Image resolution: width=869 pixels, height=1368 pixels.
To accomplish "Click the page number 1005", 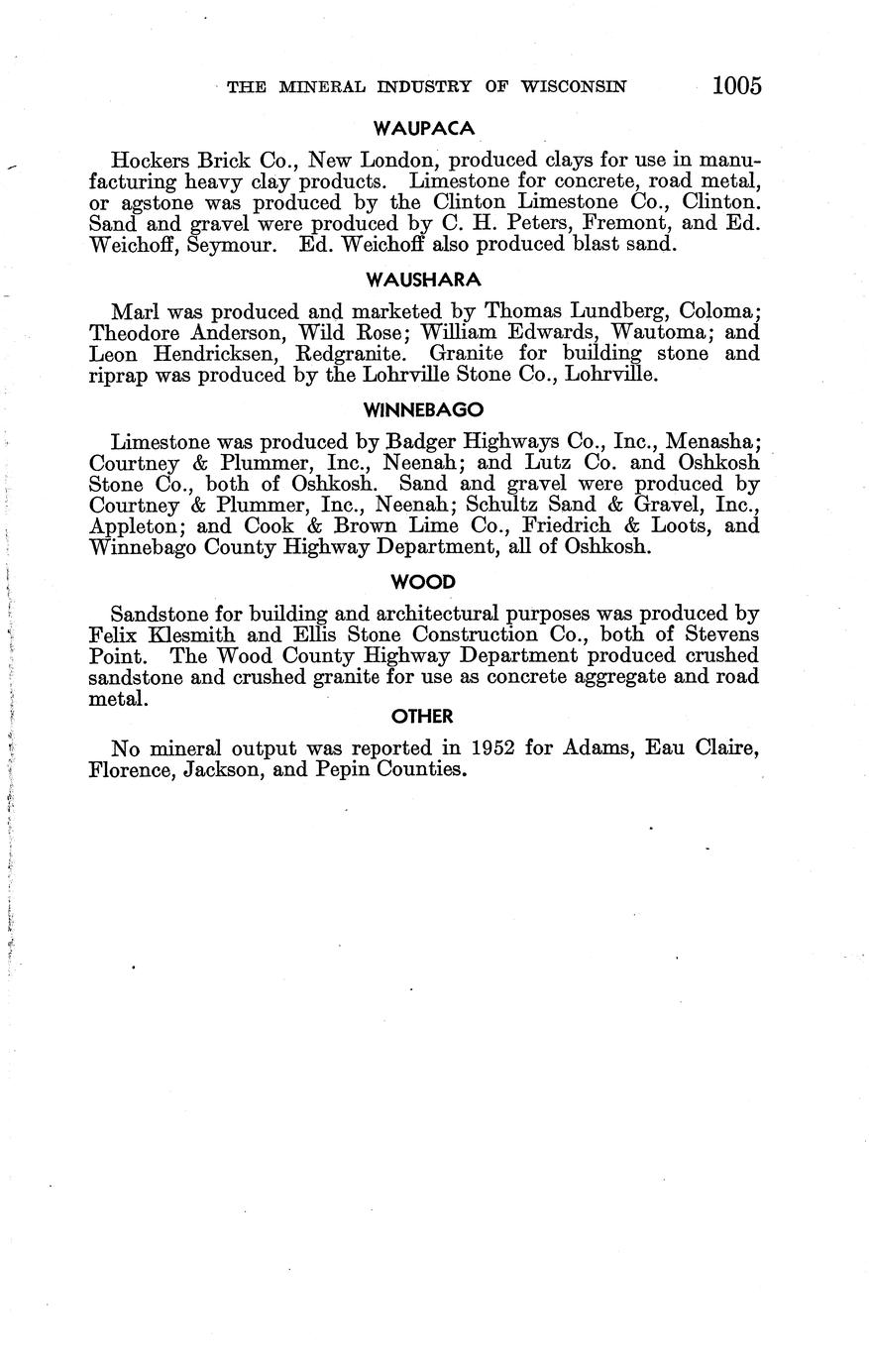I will coord(736,85).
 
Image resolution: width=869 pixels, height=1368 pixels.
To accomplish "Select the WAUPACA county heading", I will coord(424,128).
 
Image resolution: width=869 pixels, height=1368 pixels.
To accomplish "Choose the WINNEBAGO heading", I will coord(423,408).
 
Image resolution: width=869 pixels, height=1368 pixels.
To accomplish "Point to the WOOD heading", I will coord(423,583).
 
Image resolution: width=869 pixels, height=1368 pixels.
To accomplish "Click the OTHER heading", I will coord(422,716).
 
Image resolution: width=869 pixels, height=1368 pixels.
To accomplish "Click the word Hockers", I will coord(148,160).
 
